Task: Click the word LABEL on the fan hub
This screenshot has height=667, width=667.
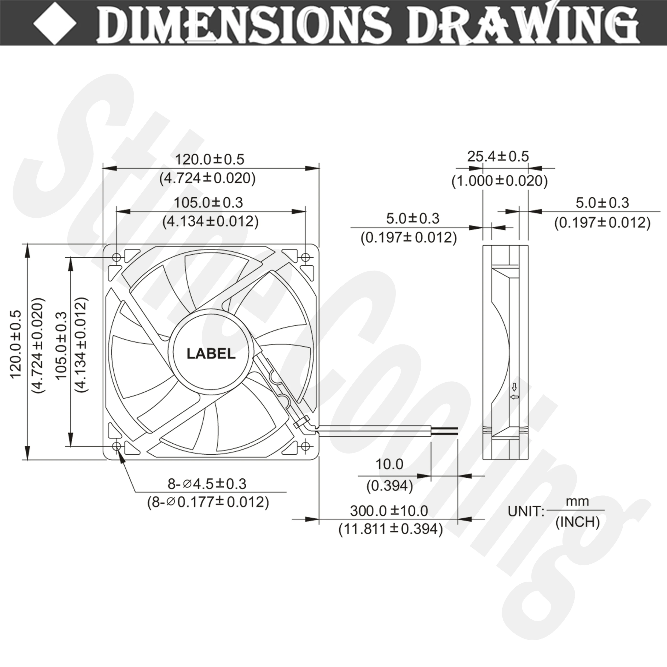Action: [x=211, y=354]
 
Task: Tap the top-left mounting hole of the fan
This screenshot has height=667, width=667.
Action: [x=117, y=258]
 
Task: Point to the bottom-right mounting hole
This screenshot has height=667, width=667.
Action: [x=305, y=446]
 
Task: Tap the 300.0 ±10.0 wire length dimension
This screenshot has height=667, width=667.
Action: [x=389, y=510]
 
